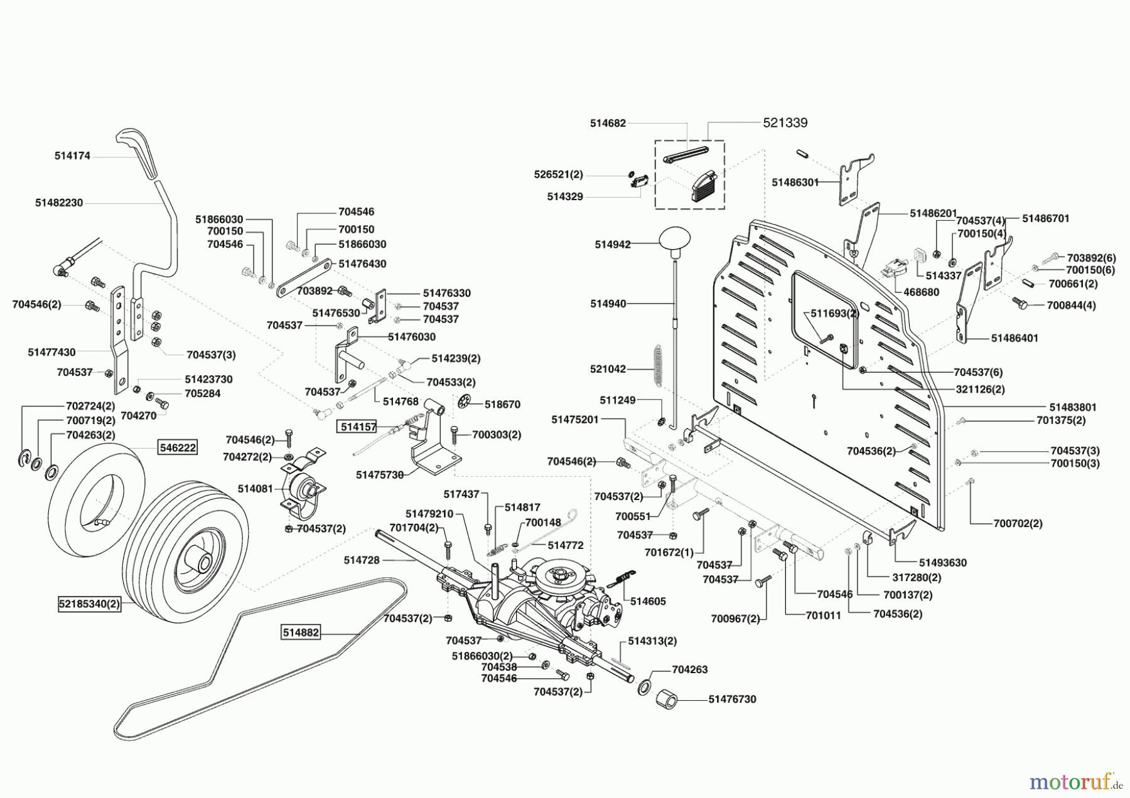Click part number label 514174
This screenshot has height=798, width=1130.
pyautogui.click(x=72, y=156)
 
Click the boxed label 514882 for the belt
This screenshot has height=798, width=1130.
pyautogui.click(x=301, y=633)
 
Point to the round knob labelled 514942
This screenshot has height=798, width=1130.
pyautogui.click(x=675, y=240)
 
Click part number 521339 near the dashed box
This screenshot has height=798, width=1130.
pyautogui.click(x=785, y=123)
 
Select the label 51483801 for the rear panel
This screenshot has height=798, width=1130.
pyautogui.click(x=1073, y=407)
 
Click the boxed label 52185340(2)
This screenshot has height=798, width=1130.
pyautogui.click(x=89, y=605)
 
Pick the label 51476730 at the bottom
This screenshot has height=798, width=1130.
pyautogui.click(x=732, y=699)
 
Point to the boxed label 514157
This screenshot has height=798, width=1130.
pyautogui.click(x=358, y=427)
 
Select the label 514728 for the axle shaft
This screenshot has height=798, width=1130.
pyautogui.click(x=362, y=560)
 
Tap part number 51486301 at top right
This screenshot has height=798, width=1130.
pyautogui.click(x=795, y=182)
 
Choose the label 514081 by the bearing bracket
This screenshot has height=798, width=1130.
pyautogui.click(x=256, y=488)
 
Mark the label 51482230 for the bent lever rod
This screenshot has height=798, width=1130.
pyautogui.click(x=59, y=203)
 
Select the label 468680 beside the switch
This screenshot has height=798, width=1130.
pyautogui.click(x=921, y=292)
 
